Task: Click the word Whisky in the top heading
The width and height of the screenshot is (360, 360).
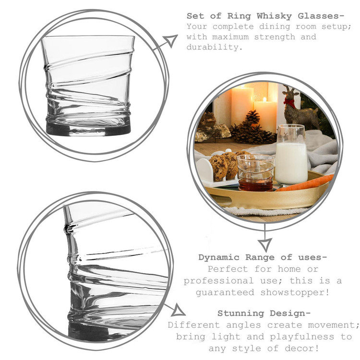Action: point(274,16)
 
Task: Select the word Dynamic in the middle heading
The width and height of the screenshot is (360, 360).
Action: point(219,257)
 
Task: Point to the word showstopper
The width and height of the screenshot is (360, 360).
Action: point(295,292)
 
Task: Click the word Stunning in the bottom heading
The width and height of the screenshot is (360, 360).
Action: point(240,313)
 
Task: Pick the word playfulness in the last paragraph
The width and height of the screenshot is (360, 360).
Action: point(302,337)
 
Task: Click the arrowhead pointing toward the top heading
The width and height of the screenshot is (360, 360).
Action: point(171,41)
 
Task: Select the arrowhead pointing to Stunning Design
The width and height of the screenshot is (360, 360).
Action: point(178,311)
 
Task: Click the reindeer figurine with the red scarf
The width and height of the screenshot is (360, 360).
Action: point(299,108)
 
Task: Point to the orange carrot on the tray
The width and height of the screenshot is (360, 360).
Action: point(305,183)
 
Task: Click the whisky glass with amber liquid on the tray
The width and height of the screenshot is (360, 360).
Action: point(255,173)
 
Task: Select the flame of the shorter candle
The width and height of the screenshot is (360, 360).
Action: point(264,99)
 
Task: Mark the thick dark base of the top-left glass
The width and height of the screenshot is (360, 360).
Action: point(88,129)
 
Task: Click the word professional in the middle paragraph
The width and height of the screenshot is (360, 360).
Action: point(218,281)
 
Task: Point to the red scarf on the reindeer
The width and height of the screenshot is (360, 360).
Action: point(290,102)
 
